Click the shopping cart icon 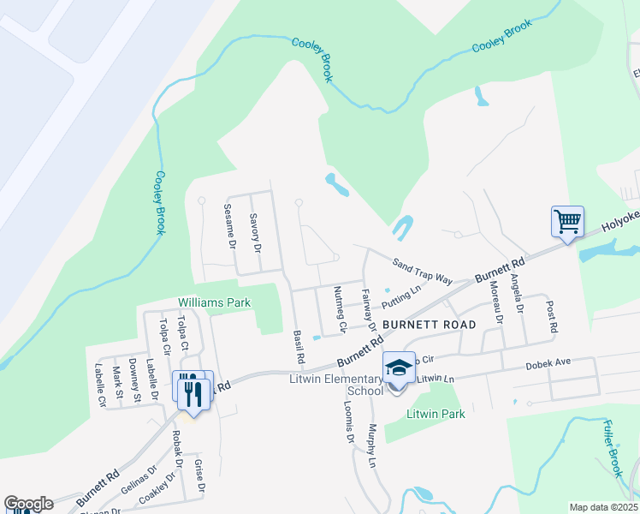click(567, 222)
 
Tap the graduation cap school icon click(399, 368)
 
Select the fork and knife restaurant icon click(193, 391)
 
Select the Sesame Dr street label click(228, 225)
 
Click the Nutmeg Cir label click(340, 309)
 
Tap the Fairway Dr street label click(369, 309)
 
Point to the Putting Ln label click(402, 296)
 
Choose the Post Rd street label click(552, 316)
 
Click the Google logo click(28, 504)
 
